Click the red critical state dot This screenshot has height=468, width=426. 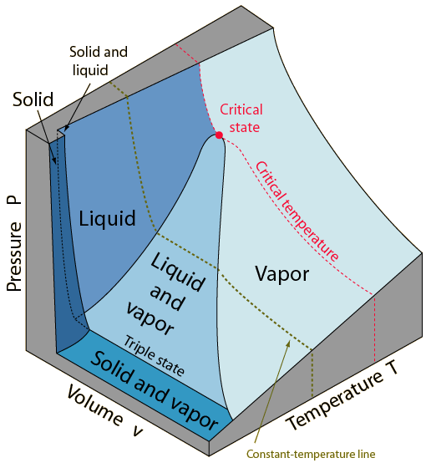click(x=219, y=135)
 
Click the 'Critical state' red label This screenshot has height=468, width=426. click(x=241, y=118)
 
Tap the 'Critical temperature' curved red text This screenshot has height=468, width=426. click(x=297, y=211)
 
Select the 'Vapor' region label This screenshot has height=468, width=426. click(x=282, y=274)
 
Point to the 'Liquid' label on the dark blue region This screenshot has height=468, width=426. click(x=108, y=219)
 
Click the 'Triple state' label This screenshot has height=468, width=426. click(x=154, y=355)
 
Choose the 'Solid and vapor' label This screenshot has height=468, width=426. click(x=155, y=391)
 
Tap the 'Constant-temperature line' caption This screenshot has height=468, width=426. click(x=311, y=454)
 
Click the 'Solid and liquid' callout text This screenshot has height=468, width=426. click(x=99, y=61)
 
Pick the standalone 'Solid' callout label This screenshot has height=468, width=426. click(x=33, y=99)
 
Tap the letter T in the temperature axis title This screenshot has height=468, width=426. click(x=391, y=369)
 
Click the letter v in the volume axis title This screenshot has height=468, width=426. click(x=138, y=431)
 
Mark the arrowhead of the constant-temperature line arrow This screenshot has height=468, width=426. click(x=288, y=343)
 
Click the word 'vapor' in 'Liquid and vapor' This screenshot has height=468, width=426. click(x=150, y=318)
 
